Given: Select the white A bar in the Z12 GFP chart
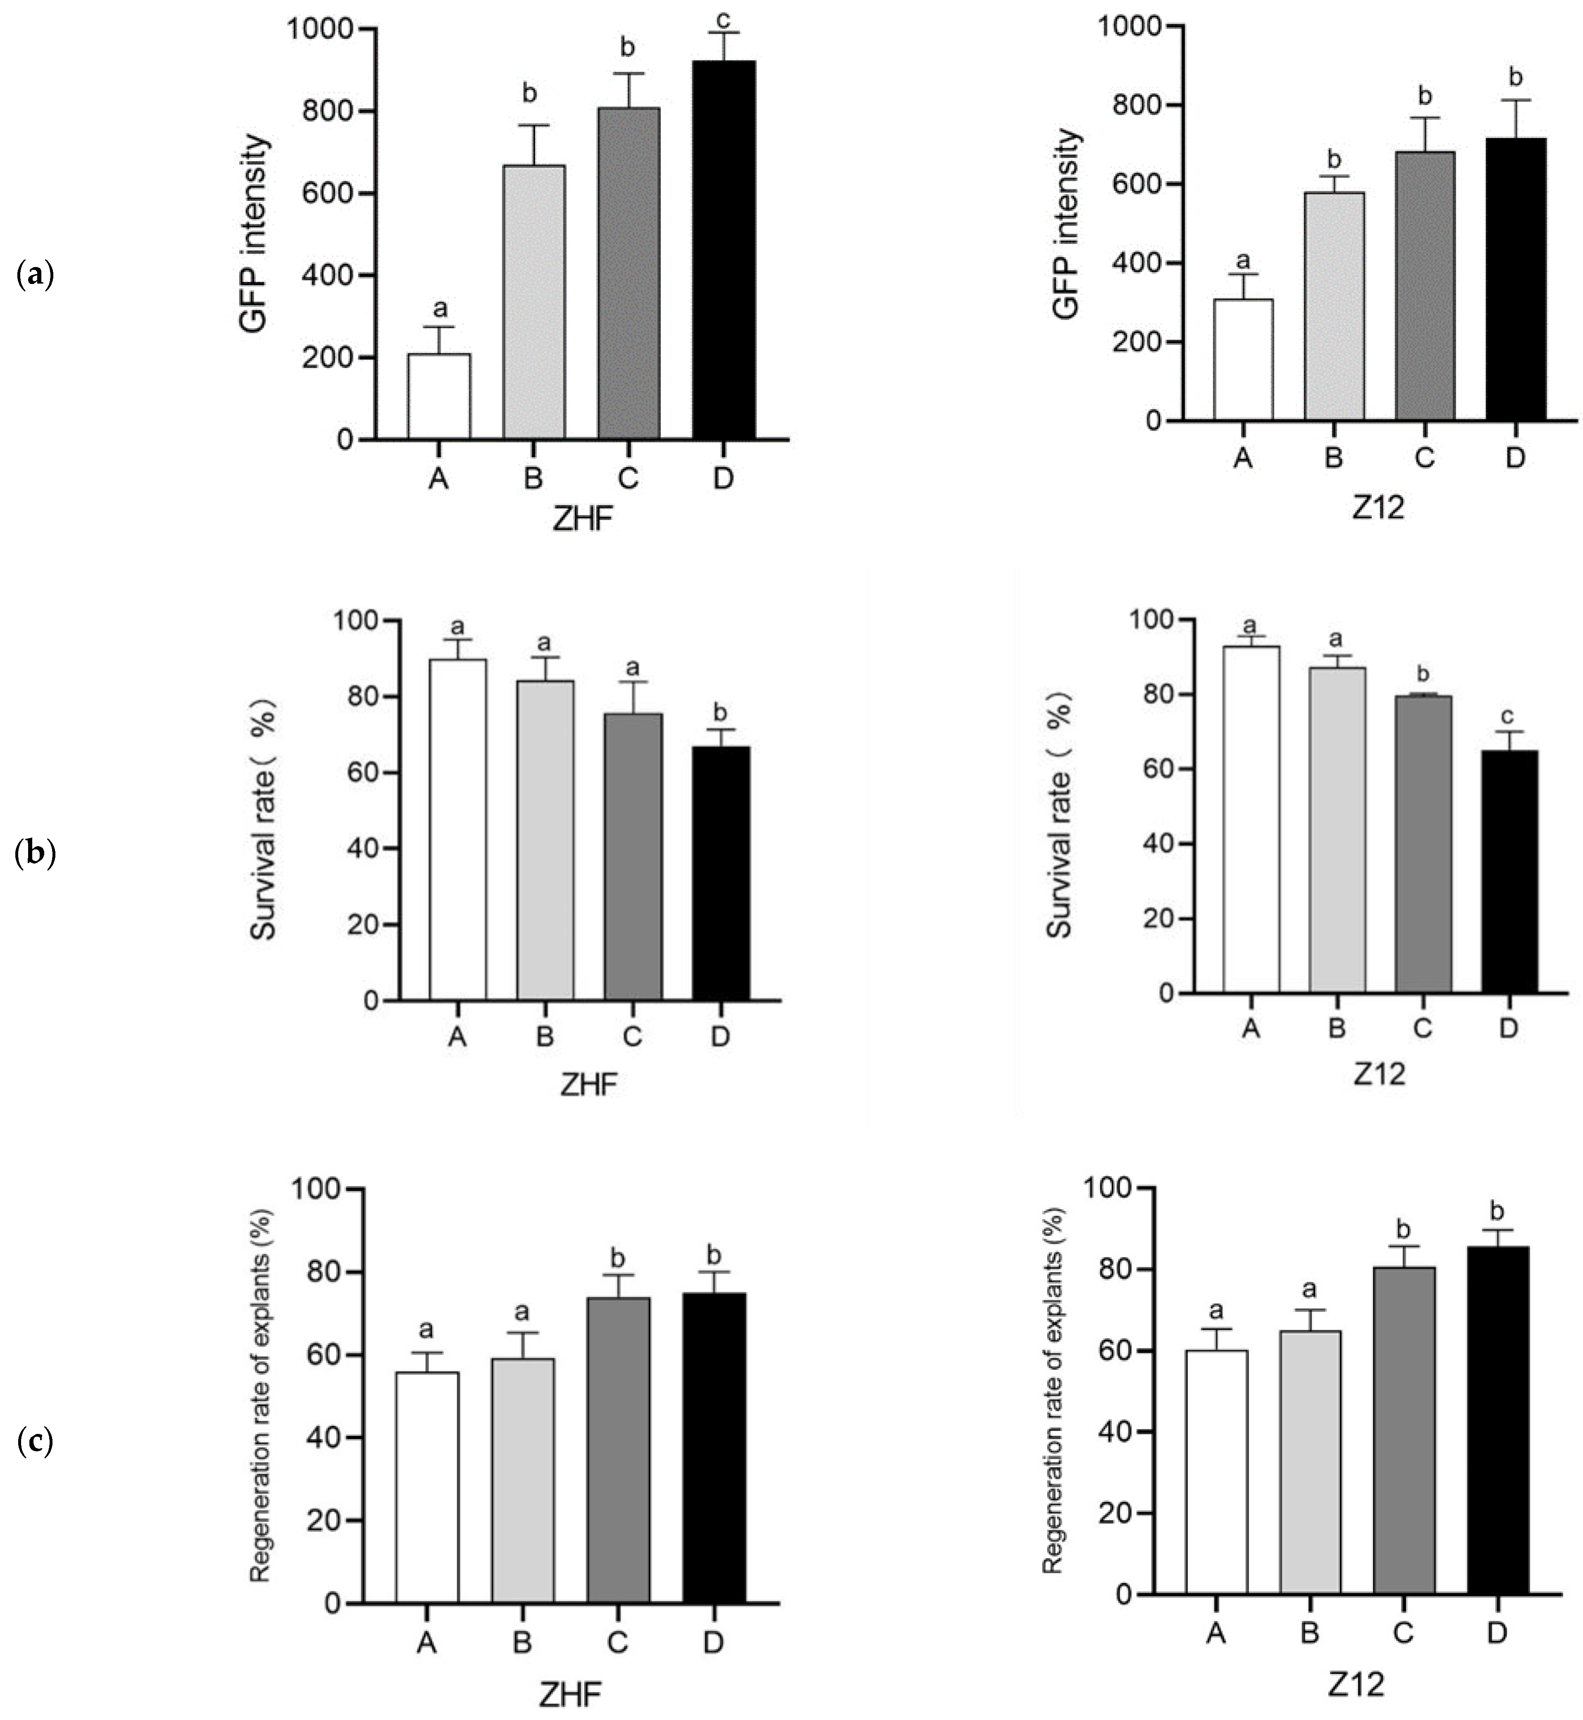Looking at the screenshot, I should (x=1243, y=360).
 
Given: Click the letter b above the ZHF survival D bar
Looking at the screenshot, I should (x=720, y=712).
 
